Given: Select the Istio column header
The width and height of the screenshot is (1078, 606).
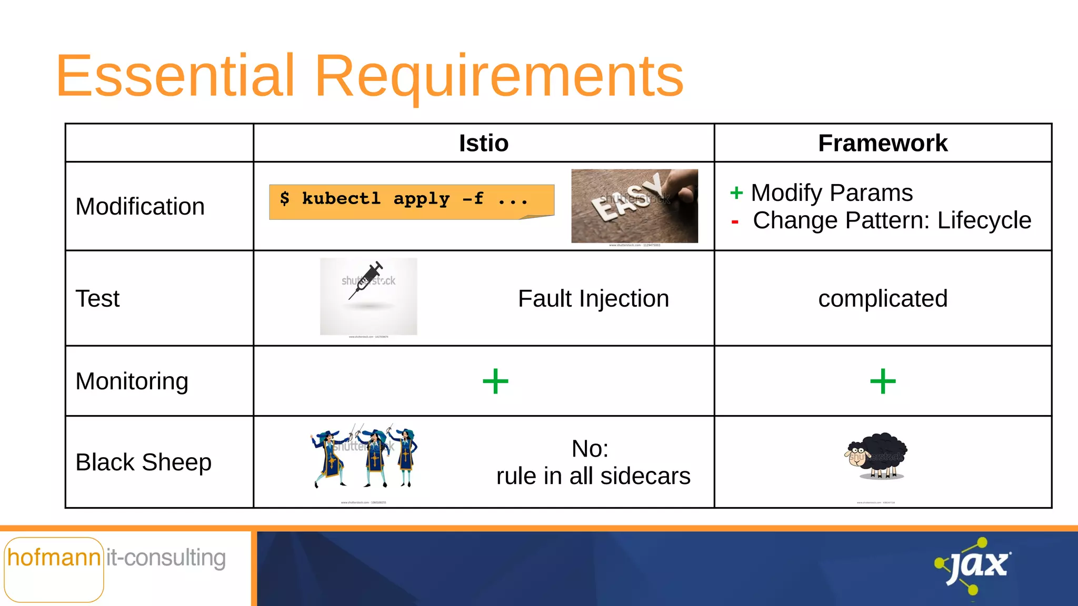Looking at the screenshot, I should [483, 143].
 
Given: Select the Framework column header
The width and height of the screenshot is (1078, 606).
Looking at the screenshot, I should [882, 143].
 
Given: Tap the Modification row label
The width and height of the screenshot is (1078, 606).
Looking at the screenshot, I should [140, 206].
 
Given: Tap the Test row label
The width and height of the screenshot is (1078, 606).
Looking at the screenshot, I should [97, 299].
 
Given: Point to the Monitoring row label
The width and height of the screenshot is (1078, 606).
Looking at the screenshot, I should [132, 381].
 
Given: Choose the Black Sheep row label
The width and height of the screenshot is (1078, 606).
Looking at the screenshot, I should [143, 462].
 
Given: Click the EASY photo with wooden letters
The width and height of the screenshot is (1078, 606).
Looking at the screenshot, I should [634, 206].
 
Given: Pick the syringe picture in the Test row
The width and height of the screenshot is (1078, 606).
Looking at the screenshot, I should [368, 296].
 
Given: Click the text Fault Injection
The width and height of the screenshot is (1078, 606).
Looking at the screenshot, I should [593, 299].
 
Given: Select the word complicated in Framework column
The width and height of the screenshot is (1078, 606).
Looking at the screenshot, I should [882, 299].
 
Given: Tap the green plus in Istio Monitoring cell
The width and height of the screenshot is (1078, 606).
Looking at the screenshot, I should [495, 381].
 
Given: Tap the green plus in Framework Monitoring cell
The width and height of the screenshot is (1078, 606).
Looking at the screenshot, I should [883, 381].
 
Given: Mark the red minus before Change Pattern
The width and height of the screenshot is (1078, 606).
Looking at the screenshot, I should [735, 222].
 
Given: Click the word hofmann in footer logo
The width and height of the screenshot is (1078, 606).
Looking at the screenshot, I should [54, 558].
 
